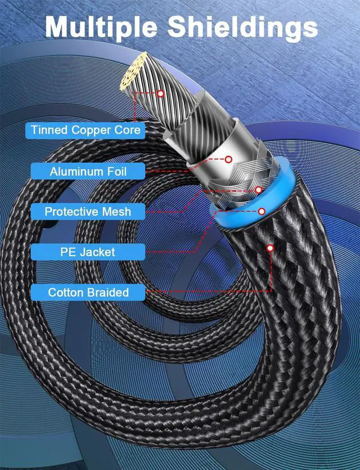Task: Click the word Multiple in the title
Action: tap(107, 26)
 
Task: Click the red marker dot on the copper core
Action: tap(161, 94)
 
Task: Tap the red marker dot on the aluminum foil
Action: tap(229, 159)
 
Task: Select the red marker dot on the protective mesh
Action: tap(259, 190)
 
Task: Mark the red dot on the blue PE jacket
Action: tap(262, 212)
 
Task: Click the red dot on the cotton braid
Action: tap(271, 248)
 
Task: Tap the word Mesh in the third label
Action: tap(118, 212)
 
